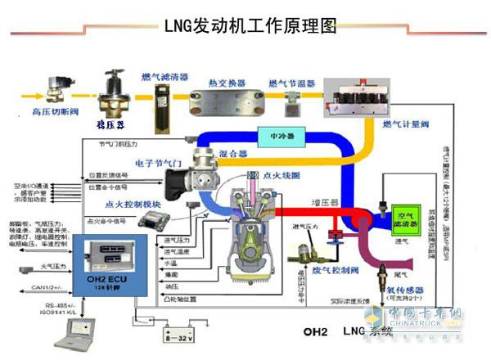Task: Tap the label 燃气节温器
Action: pyautogui.click(x=291, y=82)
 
